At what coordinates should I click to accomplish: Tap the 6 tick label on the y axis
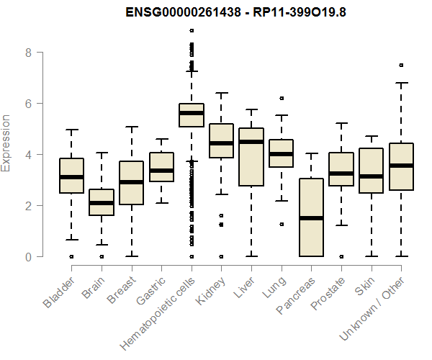[28, 104]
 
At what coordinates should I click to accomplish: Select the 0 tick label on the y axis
[28, 256]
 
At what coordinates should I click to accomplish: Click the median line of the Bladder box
[71, 176]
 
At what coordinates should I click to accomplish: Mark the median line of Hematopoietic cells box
[191, 113]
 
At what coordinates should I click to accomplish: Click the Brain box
[102, 202]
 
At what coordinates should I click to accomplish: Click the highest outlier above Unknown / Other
[400, 65]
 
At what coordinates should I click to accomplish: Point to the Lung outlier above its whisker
[281, 98]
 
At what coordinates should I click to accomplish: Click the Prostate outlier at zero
[341, 256]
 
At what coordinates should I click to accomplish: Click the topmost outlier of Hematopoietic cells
[191, 30]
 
